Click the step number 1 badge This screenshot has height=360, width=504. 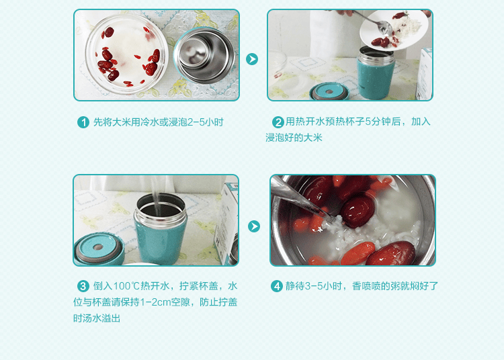(83, 122)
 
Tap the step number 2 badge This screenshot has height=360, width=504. (278, 122)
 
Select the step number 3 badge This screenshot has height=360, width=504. (83, 286)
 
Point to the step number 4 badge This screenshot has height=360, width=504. (277, 286)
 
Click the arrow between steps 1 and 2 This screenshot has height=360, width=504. (252, 59)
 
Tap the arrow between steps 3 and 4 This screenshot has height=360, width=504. (254, 226)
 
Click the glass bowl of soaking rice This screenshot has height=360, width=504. (126, 54)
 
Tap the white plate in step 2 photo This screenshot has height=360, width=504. (394, 30)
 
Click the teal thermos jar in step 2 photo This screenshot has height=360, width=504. (376, 73)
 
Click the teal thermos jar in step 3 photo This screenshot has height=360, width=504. (160, 230)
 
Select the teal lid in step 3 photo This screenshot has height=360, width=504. (98, 249)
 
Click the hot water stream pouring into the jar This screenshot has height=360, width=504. (156, 196)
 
